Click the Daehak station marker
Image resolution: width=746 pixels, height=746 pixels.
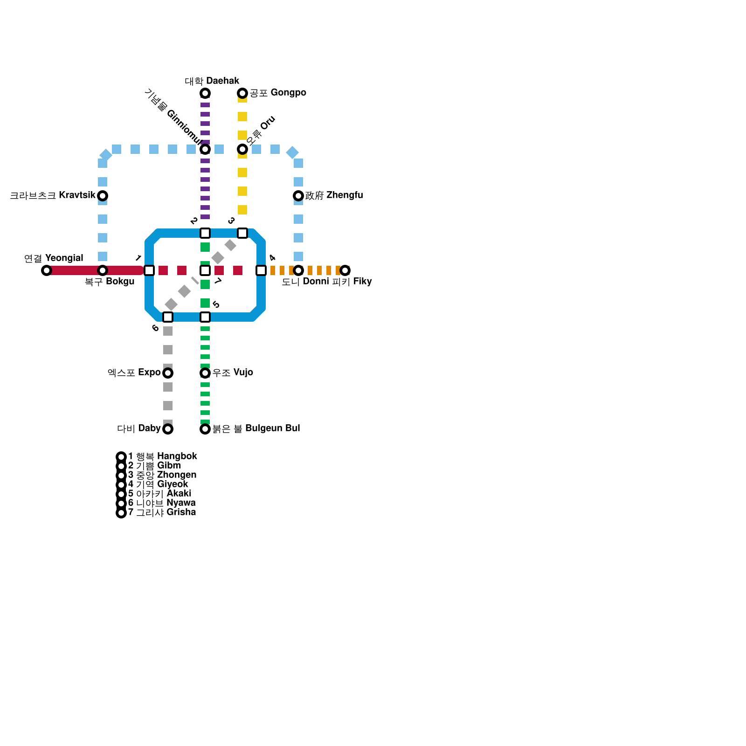(205, 93)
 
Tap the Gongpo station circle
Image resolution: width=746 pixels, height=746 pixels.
(242, 93)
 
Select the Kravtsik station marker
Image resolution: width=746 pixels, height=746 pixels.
(103, 196)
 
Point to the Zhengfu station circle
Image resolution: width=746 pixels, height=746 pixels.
(298, 196)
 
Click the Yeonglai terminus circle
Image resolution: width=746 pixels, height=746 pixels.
(47, 270)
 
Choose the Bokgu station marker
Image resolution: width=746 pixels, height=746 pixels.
(103, 270)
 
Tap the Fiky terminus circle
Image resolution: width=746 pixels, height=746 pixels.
(345, 270)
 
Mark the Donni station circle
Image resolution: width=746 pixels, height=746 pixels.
(298, 270)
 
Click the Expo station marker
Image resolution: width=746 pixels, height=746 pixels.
(168, 373)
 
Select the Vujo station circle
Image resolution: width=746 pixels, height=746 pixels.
(205, 373)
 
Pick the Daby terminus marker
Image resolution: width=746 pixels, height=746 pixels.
(168, 429)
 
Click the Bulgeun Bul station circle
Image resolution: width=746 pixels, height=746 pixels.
(205, 429)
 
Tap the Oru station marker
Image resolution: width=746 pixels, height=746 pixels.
(242, 149)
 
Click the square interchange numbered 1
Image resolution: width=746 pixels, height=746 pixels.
(149, 270)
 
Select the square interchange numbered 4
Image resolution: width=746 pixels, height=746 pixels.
(261, 270)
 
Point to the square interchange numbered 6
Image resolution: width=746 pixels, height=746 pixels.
(168, 317)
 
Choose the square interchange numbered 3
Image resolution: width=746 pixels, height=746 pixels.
(242, 233)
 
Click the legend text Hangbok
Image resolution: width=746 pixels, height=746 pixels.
(177, 456)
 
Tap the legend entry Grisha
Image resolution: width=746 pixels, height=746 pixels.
(181, 512)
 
